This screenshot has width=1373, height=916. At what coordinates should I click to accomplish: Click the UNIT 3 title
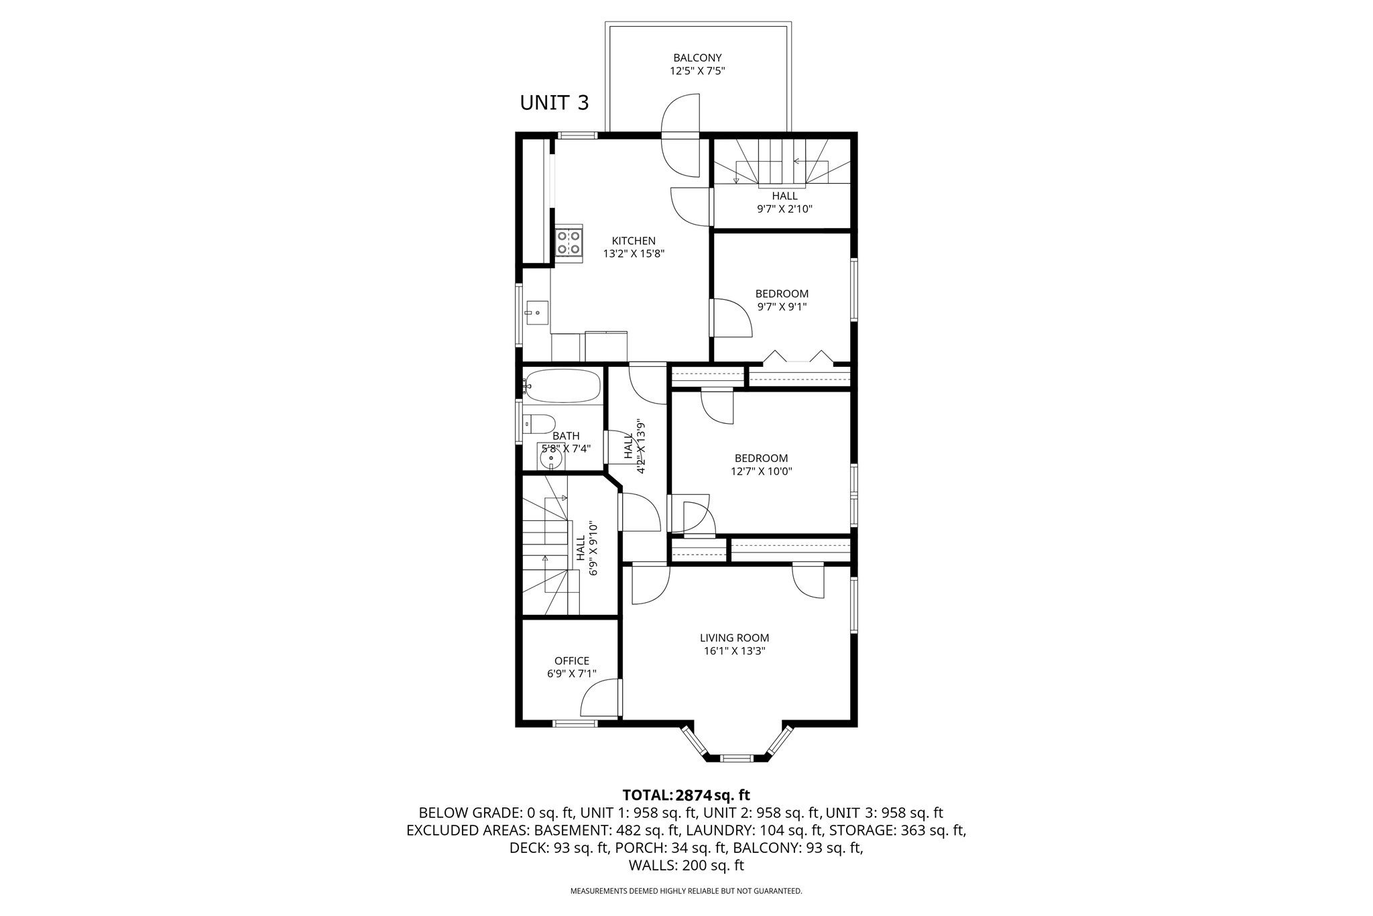(554, 103)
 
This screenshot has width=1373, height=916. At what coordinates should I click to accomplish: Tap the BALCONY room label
(697, 58)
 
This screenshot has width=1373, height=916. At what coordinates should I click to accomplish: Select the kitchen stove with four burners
(569, 241)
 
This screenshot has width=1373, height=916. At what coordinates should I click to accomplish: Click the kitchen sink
(536, 312)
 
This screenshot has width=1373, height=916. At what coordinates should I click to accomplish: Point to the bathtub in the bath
(562, 386)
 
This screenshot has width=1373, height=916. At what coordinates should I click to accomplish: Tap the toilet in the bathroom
(540, 423)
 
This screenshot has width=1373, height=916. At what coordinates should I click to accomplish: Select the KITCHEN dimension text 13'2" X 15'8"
(634, 253)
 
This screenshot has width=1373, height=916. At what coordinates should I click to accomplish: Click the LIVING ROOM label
(735, 638)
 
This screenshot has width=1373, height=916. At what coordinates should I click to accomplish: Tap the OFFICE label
(572, 661)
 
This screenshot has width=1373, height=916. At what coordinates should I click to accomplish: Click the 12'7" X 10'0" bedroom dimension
(762, 471)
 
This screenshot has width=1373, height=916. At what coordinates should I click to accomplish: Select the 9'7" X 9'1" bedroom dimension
(782, 306)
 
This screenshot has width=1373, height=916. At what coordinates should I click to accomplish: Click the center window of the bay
(736, 758)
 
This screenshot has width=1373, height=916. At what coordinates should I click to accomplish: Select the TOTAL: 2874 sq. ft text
(686, 795)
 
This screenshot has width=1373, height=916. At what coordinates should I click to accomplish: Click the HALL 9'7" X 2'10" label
(784, 202)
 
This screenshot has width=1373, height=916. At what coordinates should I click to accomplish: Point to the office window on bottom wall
(575, 723)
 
